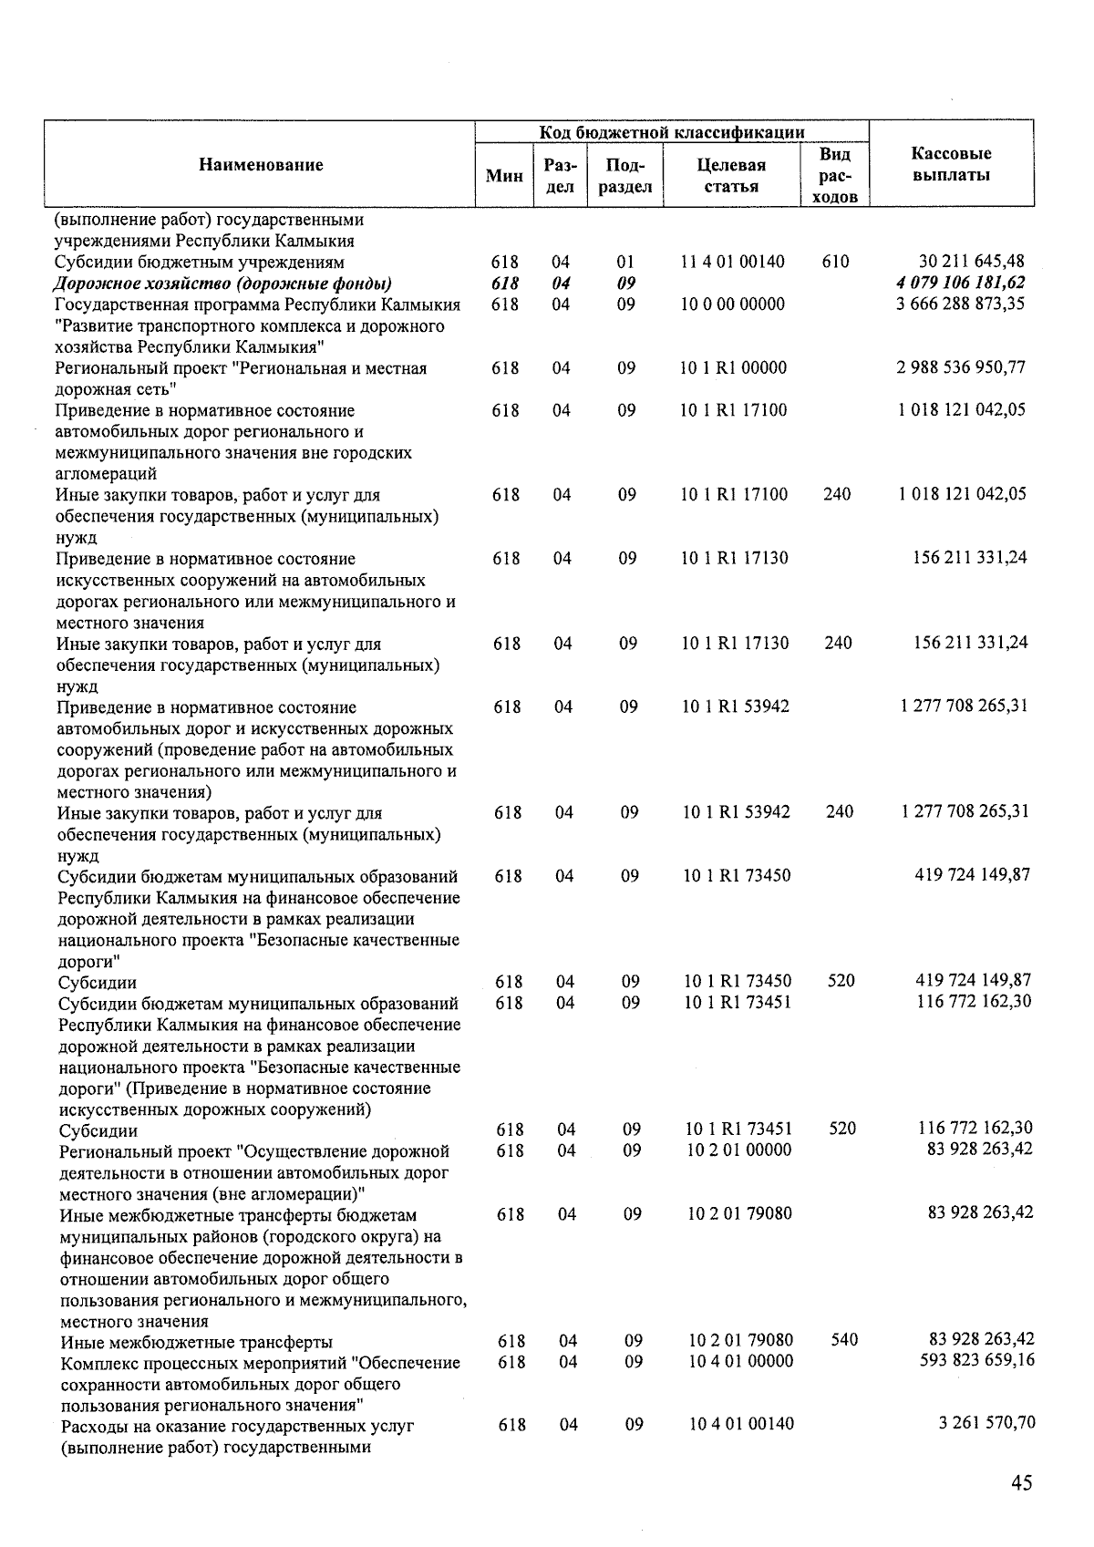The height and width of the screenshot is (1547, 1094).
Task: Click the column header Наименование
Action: (261, 165)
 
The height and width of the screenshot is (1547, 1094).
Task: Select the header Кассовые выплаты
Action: (951, 164)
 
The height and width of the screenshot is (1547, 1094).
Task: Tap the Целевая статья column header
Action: (731, 176)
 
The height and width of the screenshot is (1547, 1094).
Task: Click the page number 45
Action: (1021, 1482)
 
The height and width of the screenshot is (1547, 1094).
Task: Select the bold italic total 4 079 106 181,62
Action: (961, 283)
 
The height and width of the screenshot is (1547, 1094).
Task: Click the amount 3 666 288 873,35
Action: (961, 304)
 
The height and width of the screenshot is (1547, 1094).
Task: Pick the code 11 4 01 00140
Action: (733, 262)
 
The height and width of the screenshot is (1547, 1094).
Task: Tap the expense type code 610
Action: (835, 262)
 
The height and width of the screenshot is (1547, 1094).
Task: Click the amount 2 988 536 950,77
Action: (962, 367)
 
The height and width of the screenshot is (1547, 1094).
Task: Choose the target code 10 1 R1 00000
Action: (733, 367)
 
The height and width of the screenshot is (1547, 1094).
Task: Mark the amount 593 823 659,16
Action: (972, 1360)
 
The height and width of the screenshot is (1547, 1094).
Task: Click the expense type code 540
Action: (845, 1340)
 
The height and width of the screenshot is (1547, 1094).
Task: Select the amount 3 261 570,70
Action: (986, 1423)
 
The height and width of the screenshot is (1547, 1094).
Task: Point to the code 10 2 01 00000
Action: (739, 1150)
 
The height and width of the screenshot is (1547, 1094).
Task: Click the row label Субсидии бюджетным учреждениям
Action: (186, 263)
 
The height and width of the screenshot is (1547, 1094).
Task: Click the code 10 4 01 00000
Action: (741, 1361)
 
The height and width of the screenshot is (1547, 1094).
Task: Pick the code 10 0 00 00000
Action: (733, 304)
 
